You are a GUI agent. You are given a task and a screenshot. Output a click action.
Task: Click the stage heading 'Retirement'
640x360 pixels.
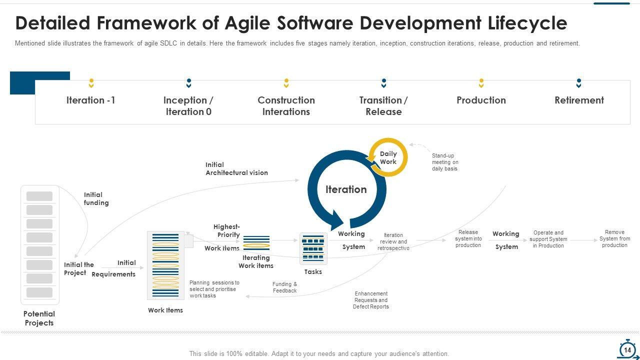579,100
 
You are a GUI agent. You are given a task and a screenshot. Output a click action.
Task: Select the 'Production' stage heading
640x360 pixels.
481,100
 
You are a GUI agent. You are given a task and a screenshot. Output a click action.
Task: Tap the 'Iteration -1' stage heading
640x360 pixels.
90,100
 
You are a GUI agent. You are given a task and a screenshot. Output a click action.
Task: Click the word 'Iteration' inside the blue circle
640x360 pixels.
346,189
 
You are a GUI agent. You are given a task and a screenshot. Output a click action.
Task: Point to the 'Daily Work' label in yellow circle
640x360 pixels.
388,157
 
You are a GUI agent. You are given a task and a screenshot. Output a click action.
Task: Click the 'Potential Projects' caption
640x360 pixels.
39,318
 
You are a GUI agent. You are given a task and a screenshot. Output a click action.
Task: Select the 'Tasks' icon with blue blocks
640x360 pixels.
313,248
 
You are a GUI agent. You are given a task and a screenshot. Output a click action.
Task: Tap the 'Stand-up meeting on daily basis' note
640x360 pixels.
445,162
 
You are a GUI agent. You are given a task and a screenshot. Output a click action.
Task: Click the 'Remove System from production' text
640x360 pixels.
614,238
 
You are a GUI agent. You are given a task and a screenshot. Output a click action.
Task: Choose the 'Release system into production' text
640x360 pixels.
468,238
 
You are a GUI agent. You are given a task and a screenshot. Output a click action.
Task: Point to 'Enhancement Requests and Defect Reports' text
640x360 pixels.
371,300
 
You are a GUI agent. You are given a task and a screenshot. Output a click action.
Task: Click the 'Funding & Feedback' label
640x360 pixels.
284,287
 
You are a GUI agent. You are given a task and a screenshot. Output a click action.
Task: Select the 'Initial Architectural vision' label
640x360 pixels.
236,168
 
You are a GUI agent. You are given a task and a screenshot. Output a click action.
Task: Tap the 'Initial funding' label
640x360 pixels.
96,198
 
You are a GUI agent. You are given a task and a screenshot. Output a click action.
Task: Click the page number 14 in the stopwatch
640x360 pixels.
627,350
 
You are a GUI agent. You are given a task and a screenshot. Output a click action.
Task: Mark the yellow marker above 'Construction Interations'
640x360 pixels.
286,82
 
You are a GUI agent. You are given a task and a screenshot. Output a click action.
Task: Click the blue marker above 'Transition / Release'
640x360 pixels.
383,82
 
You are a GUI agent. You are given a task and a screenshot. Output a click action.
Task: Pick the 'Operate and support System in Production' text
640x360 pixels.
548,239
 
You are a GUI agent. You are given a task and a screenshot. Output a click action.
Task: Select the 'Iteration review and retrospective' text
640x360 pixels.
393,241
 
